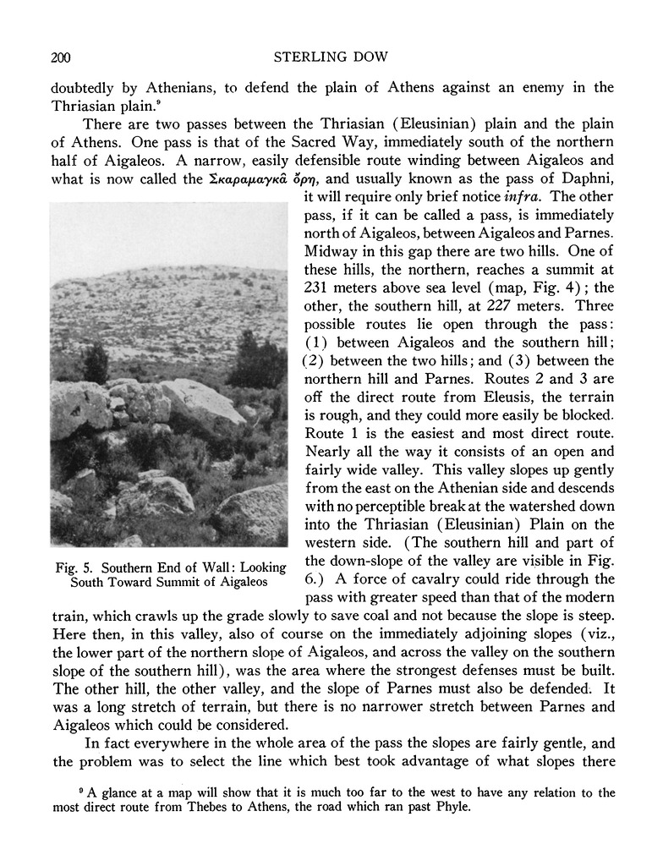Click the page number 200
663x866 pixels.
tap(59, 58)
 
